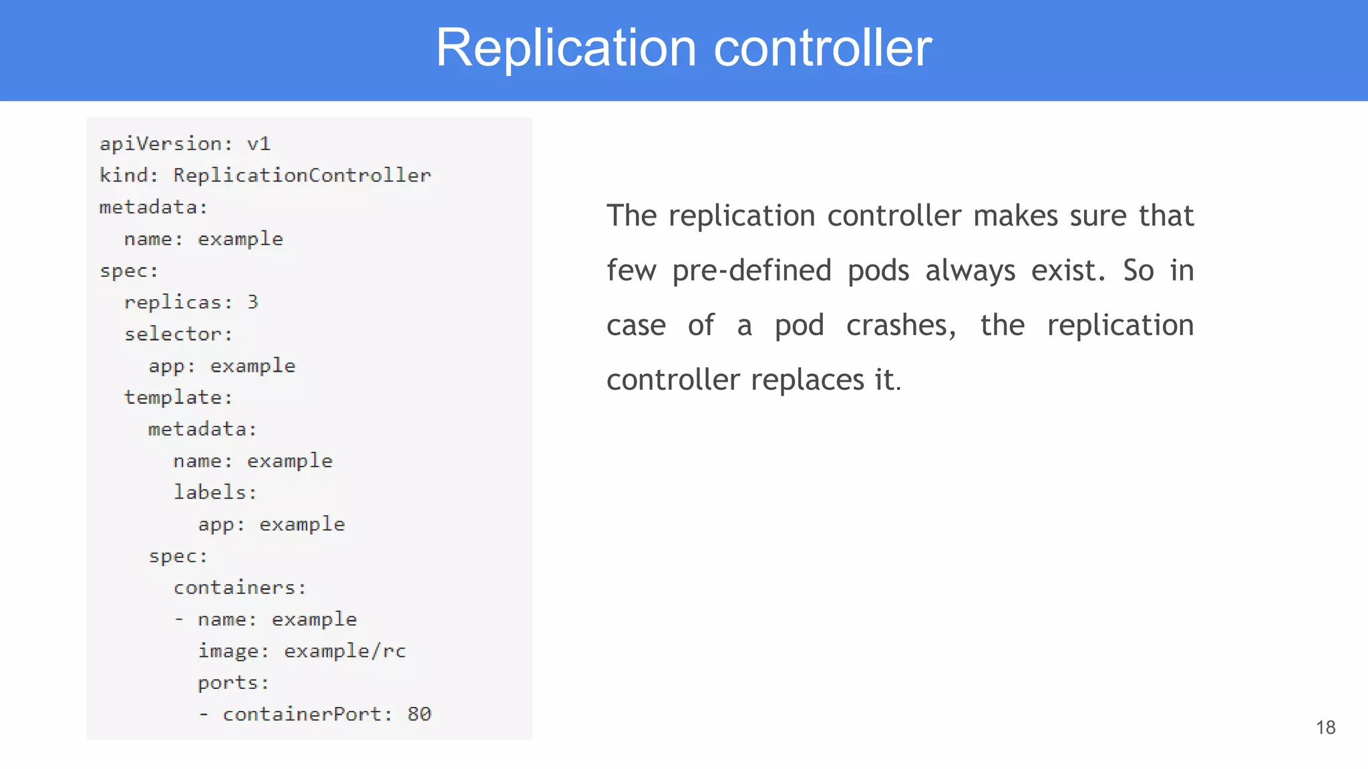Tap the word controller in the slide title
[822, 48]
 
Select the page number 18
[1325, 727]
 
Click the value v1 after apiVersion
[259, 144]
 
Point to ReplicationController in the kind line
[302, 176]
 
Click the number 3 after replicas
[252, 302]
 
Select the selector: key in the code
[178, 334]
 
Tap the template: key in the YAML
[178, 397]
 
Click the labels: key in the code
[215, 493]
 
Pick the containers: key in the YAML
[240, 587]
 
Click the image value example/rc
[345, 651]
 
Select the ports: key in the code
[233, 683]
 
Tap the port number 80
[419, 714]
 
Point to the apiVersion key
[166, 144]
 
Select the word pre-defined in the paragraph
[751, 271]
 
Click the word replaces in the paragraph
[808, 380]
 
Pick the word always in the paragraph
[970, 271]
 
